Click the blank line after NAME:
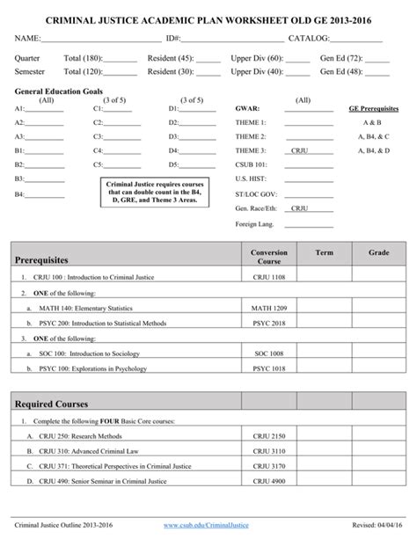click(x=101, y=40)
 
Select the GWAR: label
click(x=247, y=110)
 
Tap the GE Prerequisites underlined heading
click(x=374, y=110)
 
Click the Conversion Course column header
click(x=268, y=257)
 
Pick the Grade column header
click(x=378, y=252)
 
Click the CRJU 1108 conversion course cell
click(x=268, y=277)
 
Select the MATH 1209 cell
click(x=268, y=309)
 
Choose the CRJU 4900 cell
click(x=268, y=482)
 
